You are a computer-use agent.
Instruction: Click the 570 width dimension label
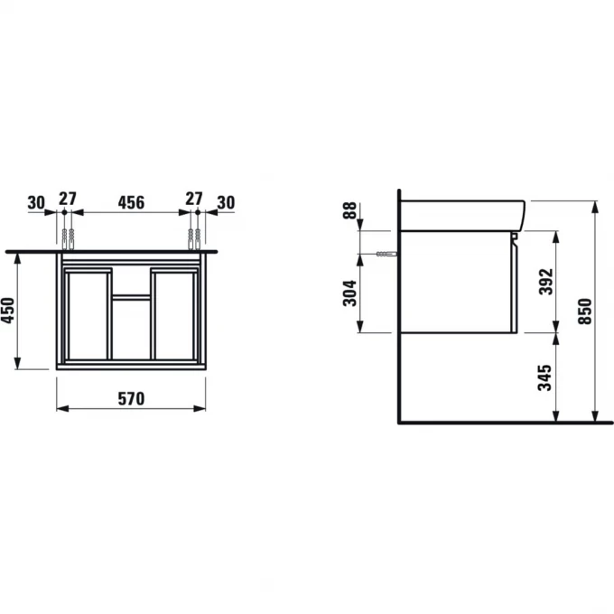point(131,398)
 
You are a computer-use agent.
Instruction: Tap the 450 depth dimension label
point(8,311)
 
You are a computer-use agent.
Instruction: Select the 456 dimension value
point(131,202)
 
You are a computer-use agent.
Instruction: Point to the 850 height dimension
point(585,312)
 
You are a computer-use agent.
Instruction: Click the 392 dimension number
point(546,282)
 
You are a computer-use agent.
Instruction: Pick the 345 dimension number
point(544,377)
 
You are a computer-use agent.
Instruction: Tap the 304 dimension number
point(349,293)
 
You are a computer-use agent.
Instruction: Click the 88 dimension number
point(349,210)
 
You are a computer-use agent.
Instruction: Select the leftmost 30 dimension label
point(36,203)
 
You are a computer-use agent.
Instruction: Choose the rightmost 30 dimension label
point(226,203)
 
